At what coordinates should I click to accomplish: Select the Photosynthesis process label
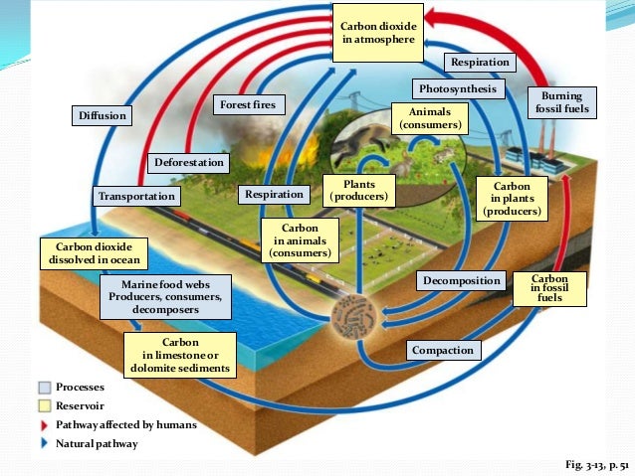pyautogui.click(x=451, y=89)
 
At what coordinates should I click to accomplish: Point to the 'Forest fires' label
pyautogui.click(x=249, y=104)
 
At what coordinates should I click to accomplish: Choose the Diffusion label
pyautogui.click(x=103, y=116)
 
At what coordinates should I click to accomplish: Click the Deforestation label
pyautogui.click(x=189, y=162)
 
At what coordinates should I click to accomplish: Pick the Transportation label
pyautogui.click(x=135, y=196)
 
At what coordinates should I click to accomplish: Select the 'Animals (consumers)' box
pyautogui.click(x=430, y=119)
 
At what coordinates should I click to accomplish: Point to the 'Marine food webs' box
pyautogui.click(x=167, y=296)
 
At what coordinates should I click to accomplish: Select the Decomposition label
pyautogui.click(x=461, y=281)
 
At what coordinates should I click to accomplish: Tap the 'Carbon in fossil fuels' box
pyautogui.click(x=549, y=288)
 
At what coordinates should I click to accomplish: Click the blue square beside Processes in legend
pyautogui.click(x=45, y=388)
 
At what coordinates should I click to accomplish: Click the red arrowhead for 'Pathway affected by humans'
pyautogui.click(x=45, y=425)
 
